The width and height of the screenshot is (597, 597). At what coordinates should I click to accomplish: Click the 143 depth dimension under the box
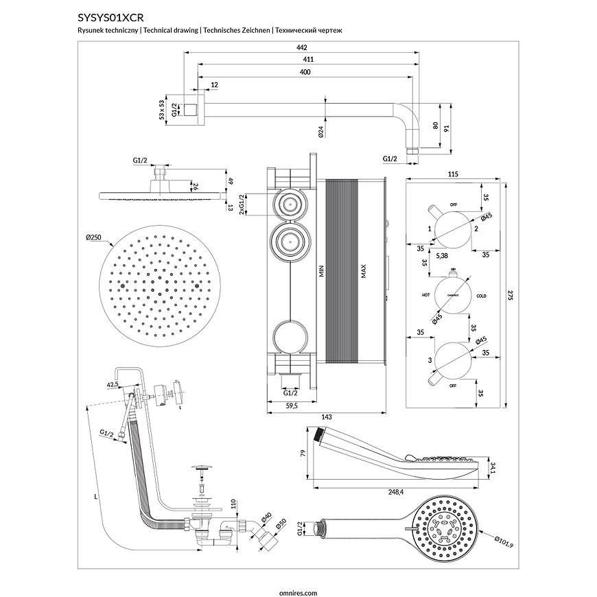point(326,416)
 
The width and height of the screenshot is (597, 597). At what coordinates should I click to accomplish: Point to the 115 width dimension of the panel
point(452,174)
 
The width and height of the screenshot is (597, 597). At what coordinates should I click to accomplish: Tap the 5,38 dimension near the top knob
point(443,255)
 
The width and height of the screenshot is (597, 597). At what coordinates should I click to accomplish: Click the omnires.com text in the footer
point(298,590)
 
